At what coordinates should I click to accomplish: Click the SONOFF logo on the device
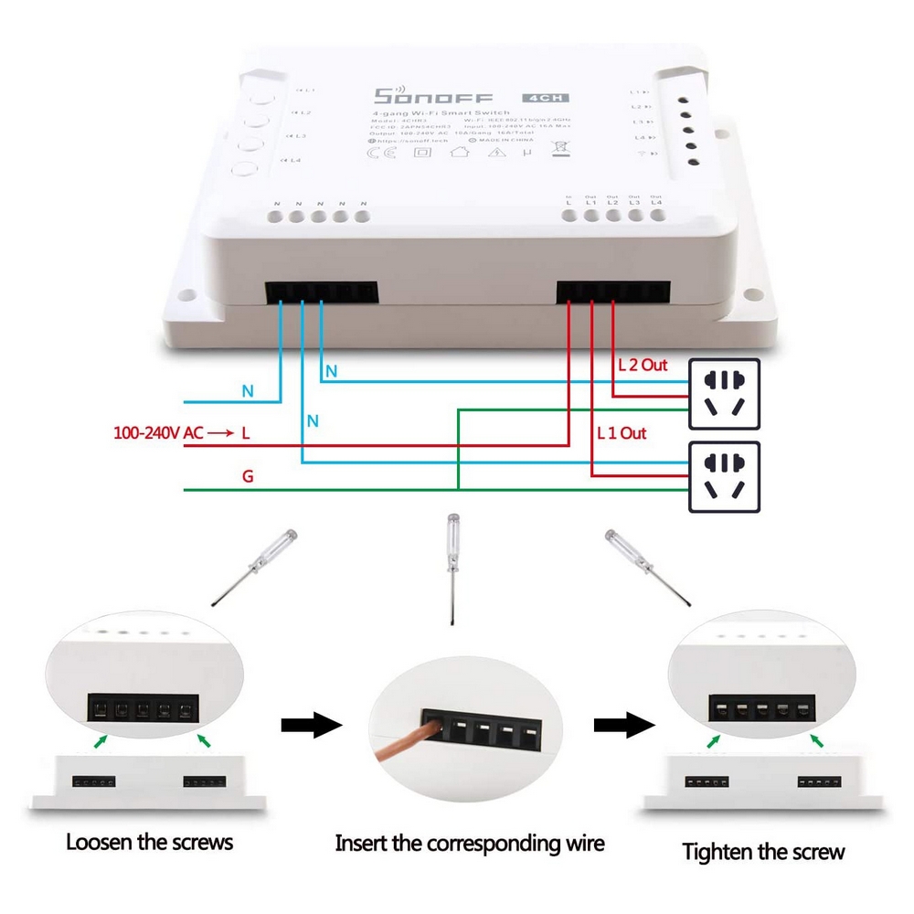click(433, 98)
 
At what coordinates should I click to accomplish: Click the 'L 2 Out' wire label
click(643, 365)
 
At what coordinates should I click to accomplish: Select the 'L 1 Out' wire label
click(622, 432)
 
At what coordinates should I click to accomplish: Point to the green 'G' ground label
click(248, 477)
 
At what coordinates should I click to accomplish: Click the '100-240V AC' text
click(158, 432)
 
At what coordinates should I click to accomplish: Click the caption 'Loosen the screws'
click(149, 841)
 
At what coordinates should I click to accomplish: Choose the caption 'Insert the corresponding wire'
click(470, 843)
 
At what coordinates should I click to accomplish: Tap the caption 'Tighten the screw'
click(764, 852)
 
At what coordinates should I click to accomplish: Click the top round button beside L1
click(258, 93)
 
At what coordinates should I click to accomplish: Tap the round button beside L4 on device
click(244, 168)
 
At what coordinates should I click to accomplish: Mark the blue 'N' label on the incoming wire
click(248, 391)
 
